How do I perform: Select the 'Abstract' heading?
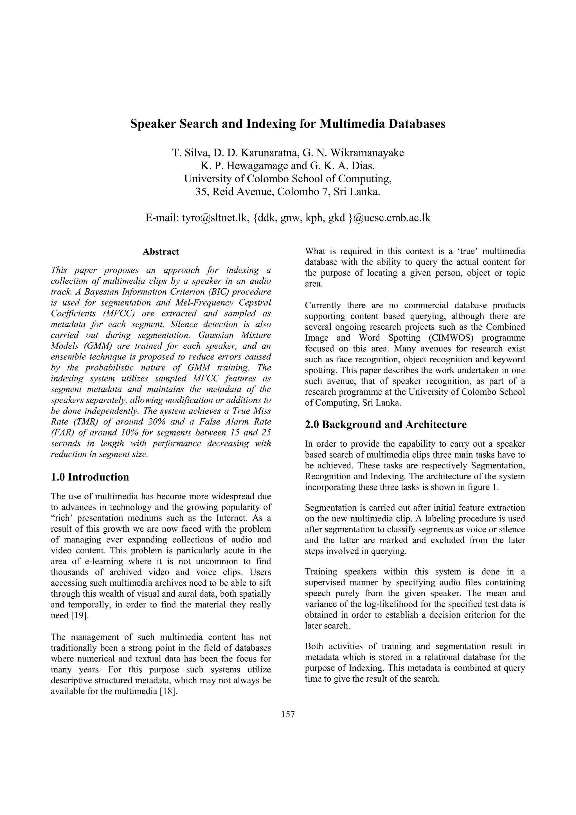(161, 252)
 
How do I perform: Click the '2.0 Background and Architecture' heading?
(386, 425)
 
